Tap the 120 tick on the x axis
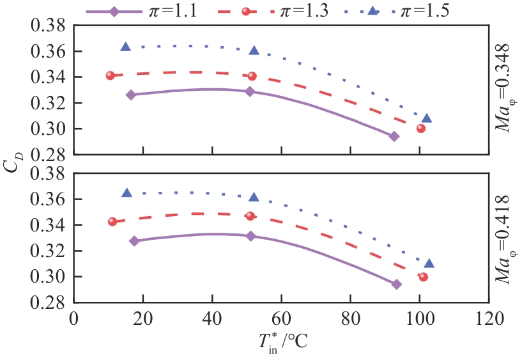point(487,318)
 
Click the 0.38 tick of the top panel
point(49,26)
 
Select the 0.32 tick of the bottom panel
point(49,251)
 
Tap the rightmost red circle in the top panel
point(421,128)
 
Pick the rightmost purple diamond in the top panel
point(394,136)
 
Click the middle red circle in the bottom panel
point(250,216)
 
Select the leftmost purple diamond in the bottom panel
point(134,241)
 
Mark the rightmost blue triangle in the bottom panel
point(429,263)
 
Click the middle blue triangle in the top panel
point(254,51)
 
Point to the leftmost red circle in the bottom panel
point(112,221)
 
